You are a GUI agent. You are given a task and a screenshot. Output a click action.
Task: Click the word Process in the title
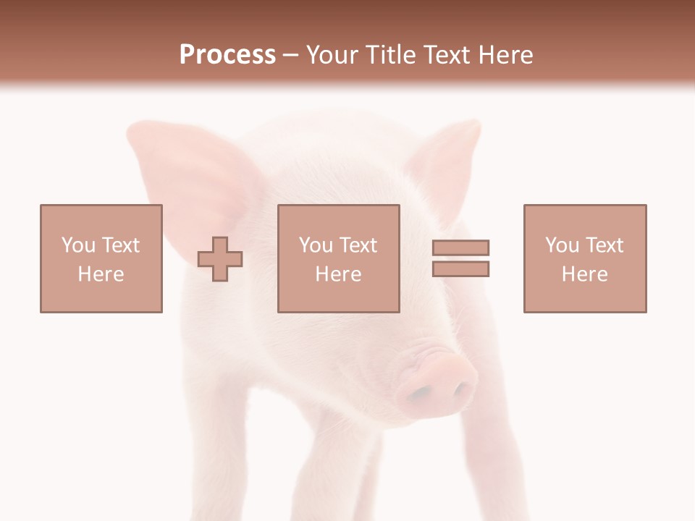point(227,54)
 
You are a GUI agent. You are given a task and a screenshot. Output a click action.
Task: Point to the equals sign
point(461,258)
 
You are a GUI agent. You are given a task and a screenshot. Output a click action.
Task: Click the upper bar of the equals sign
point(461,247)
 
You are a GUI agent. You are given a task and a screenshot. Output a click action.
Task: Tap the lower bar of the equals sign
point(461,268)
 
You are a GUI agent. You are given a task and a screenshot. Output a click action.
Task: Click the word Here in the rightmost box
point(585,274)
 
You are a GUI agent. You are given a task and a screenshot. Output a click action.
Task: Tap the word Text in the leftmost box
point(120,245)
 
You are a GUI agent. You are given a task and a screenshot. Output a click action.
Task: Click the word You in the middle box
point(316,245)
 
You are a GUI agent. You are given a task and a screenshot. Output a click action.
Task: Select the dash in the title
point(291,54)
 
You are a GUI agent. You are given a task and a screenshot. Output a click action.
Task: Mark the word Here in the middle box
point(339,274)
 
